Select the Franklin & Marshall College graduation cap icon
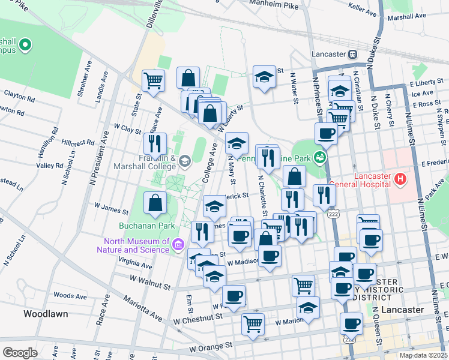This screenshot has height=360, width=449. coord(185,160)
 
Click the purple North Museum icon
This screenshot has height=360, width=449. coord(178,245)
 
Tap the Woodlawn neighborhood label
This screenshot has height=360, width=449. coord(45,314)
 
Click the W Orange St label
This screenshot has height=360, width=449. coord(210,346)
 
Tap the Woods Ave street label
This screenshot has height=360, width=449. coord(70,296)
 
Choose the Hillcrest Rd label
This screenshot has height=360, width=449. coord(78,143)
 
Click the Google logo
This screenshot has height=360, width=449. coord(20,352)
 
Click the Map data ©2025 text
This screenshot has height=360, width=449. coord(423,355)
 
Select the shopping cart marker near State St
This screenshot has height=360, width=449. coord(154,80)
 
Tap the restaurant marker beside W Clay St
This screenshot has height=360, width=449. coord(155,143)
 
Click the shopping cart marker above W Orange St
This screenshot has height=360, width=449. coord(253,324)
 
